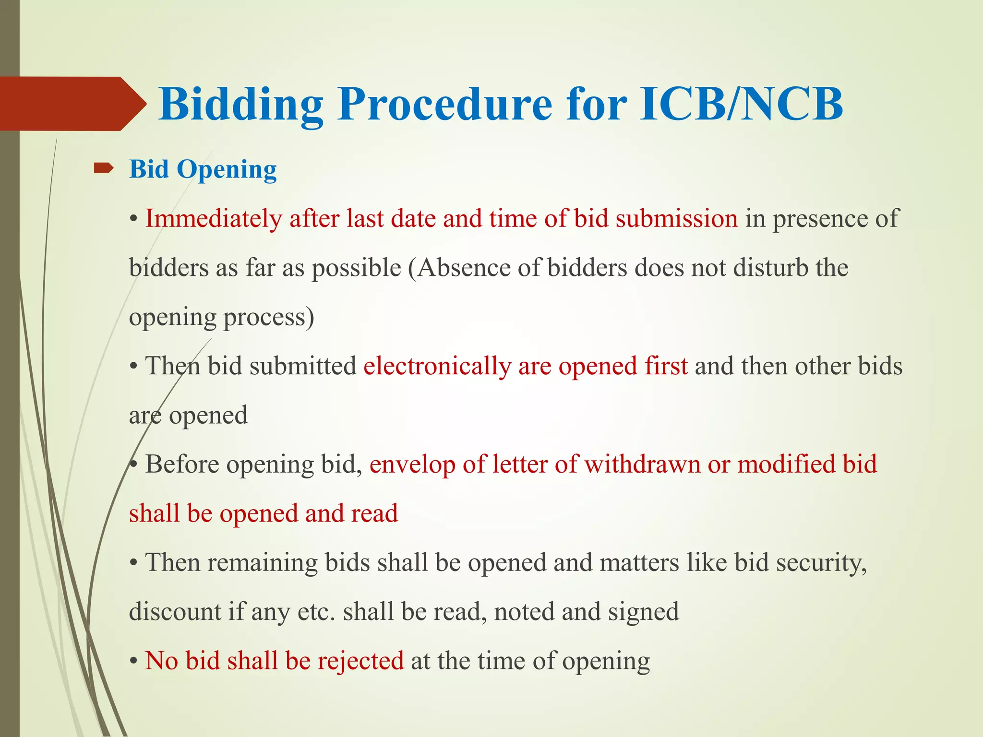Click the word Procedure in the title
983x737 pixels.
tap(445, 104)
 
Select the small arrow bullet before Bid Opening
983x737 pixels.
tap(103, 168)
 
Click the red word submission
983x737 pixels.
tap(677, 219)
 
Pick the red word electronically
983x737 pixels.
tap(437, 366)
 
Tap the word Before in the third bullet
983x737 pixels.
tap(182, 464)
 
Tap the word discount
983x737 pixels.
tap(175, 612)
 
